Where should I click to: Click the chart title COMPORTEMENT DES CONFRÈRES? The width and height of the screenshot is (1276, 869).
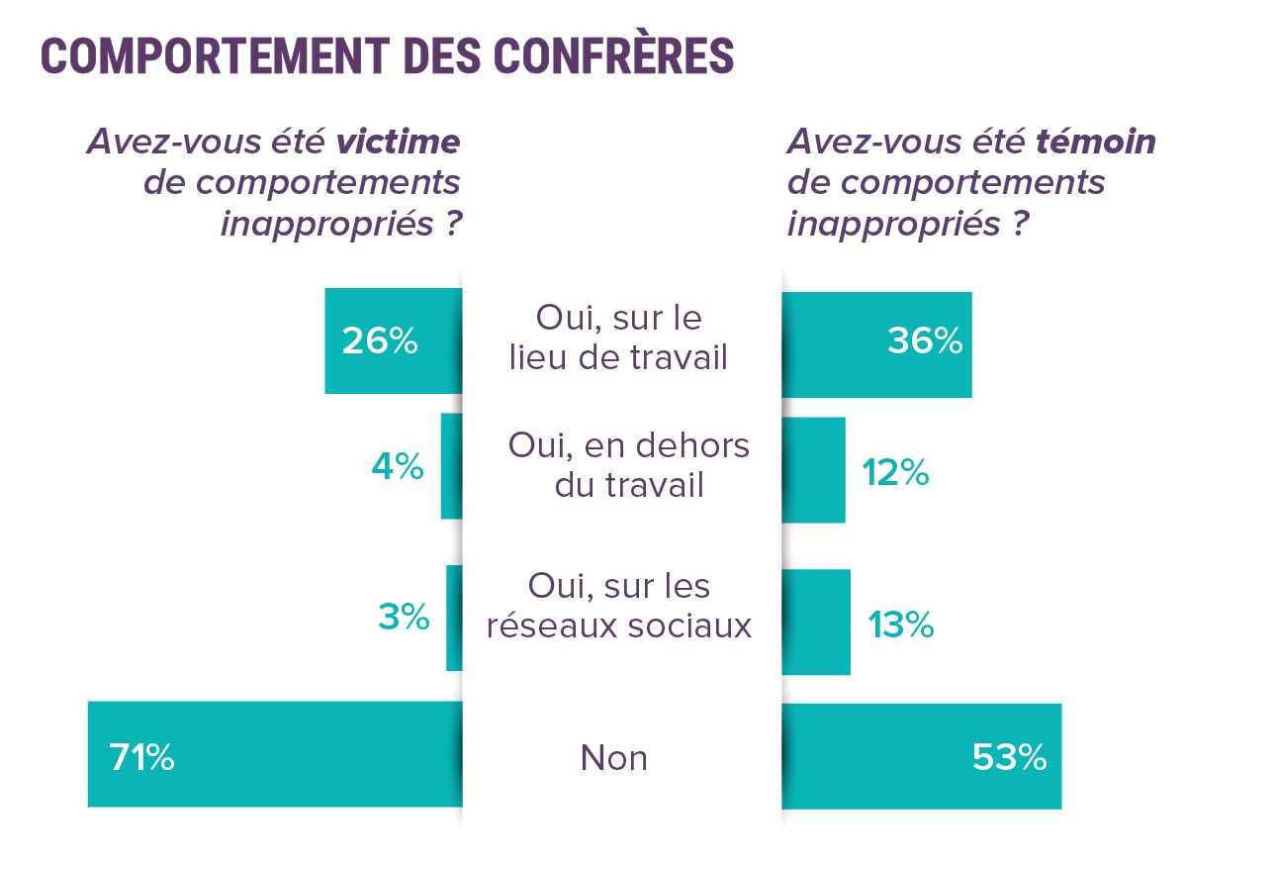(x=387, y=56)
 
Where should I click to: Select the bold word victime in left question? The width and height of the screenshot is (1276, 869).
(x=398, y=142)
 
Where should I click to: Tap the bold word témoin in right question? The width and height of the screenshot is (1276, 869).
(x=1095, y=142)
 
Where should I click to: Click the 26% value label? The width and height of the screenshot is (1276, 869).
(x=380, y=341)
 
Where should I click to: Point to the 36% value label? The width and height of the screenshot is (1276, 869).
(x=924, y=341)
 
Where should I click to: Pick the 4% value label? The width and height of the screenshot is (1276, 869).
(x=398, y=466)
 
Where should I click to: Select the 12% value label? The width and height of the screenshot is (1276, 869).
(x=894, y=473)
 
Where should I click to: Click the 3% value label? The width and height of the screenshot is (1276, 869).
(x=404, y=617)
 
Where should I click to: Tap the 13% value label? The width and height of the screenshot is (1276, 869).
(x=900, y=625)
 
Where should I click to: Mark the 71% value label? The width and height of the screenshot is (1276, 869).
(x=141, y=759)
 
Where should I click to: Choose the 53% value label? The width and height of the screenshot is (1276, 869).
(x=1009, y=758)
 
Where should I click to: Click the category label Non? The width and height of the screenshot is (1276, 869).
(x=613, y=758)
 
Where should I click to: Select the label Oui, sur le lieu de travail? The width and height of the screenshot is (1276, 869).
(x=618, y=338)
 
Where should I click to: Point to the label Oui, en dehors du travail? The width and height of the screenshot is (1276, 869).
(x=628, y=465)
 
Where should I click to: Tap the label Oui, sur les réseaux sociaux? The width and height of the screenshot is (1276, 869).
(x=618, y=606)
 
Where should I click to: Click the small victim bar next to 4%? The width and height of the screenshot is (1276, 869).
(x=451, y=466)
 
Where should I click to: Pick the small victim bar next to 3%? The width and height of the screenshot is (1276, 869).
(x=454, y=618)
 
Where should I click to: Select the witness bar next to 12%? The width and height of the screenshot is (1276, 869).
(x=813, y=470)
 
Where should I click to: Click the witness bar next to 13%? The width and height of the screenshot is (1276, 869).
(x=816, y=622)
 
